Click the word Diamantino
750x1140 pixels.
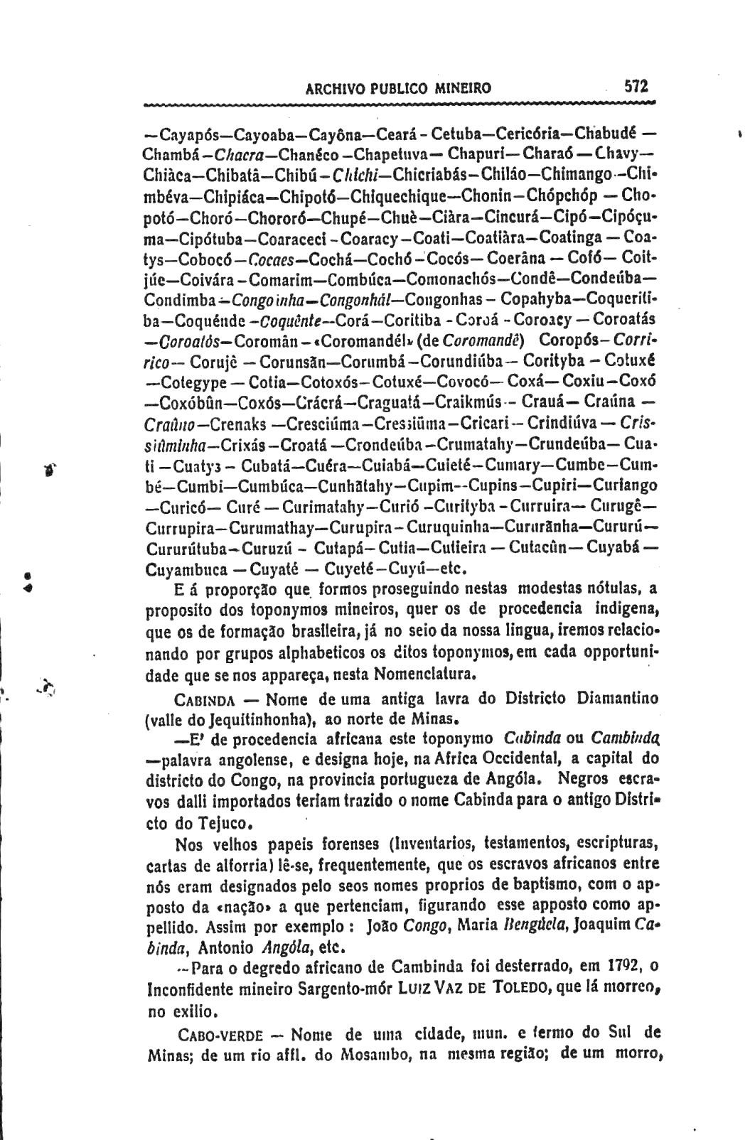pyautogui.click(x=618, y=698)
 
